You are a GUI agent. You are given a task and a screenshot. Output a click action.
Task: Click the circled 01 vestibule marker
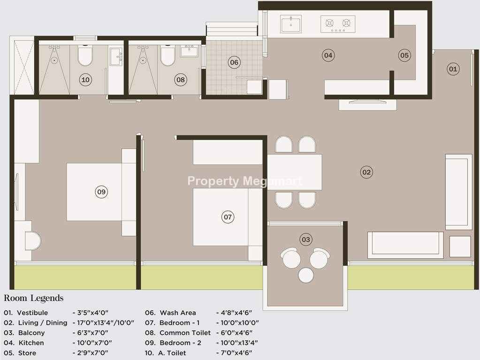pyautogui.click(x=453, y=68)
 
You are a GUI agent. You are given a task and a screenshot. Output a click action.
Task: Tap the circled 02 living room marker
pyautogui.click(x=366, y=172)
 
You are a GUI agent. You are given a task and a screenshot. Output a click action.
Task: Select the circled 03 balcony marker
pyautogui.click(x=306, y=239)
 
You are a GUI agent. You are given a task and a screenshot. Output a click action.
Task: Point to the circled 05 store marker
pyautogui.click(x=404, y=55)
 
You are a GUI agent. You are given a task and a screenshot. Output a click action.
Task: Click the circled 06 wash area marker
pyautogui.click(x=234, y=62)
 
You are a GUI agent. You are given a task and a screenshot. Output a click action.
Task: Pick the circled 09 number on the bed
pyautogui.click(x=101, y=192)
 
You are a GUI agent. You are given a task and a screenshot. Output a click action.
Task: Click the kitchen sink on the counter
pyautogui.click(x=290, y=24)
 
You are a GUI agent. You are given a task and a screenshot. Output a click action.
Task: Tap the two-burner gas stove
pyautogui.click(x=338, y=24)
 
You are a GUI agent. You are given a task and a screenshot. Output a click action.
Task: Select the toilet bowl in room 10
pyautogui.click(x=85, y=55)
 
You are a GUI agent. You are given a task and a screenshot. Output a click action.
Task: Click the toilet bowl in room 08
pyautogui.click(x=168, y=55)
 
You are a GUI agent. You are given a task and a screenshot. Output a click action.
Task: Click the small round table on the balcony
pyautogui.click(x=306, y=275)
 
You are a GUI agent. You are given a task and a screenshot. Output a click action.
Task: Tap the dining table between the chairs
pyautogui.click(x=295, y=172)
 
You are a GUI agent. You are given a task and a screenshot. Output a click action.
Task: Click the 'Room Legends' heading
pyautogui.click(x=34, y=298)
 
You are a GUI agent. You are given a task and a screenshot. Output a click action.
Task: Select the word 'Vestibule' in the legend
pyautogui.click(x=32, y=313)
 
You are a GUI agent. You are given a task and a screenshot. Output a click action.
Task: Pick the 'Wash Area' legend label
pyautogui.click(x=177, y=313)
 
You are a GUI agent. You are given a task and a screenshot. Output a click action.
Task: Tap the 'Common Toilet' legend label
pyautogui.click(x=185, y=332)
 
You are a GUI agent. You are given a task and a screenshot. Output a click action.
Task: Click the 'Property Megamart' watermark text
pyautogui.click(x=244, y=181)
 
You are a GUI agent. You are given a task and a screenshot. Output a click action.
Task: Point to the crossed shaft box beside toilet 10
pyautogui.click(x=22, y=65)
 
